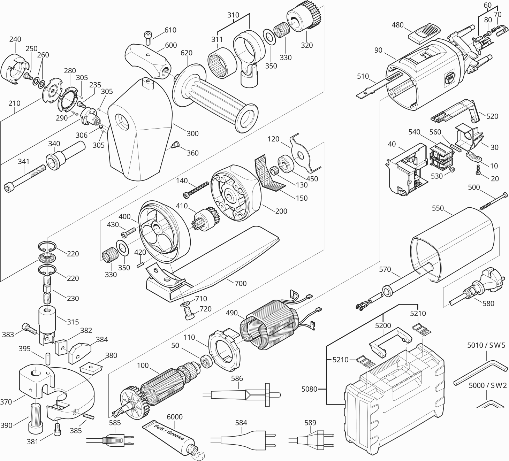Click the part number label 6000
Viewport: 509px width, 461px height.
[175, 417]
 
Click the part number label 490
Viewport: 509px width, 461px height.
[232, 313]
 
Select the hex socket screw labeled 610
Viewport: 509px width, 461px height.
[147, 37]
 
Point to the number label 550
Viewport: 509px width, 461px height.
[438, 208]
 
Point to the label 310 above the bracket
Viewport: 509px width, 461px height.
[233, 15]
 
